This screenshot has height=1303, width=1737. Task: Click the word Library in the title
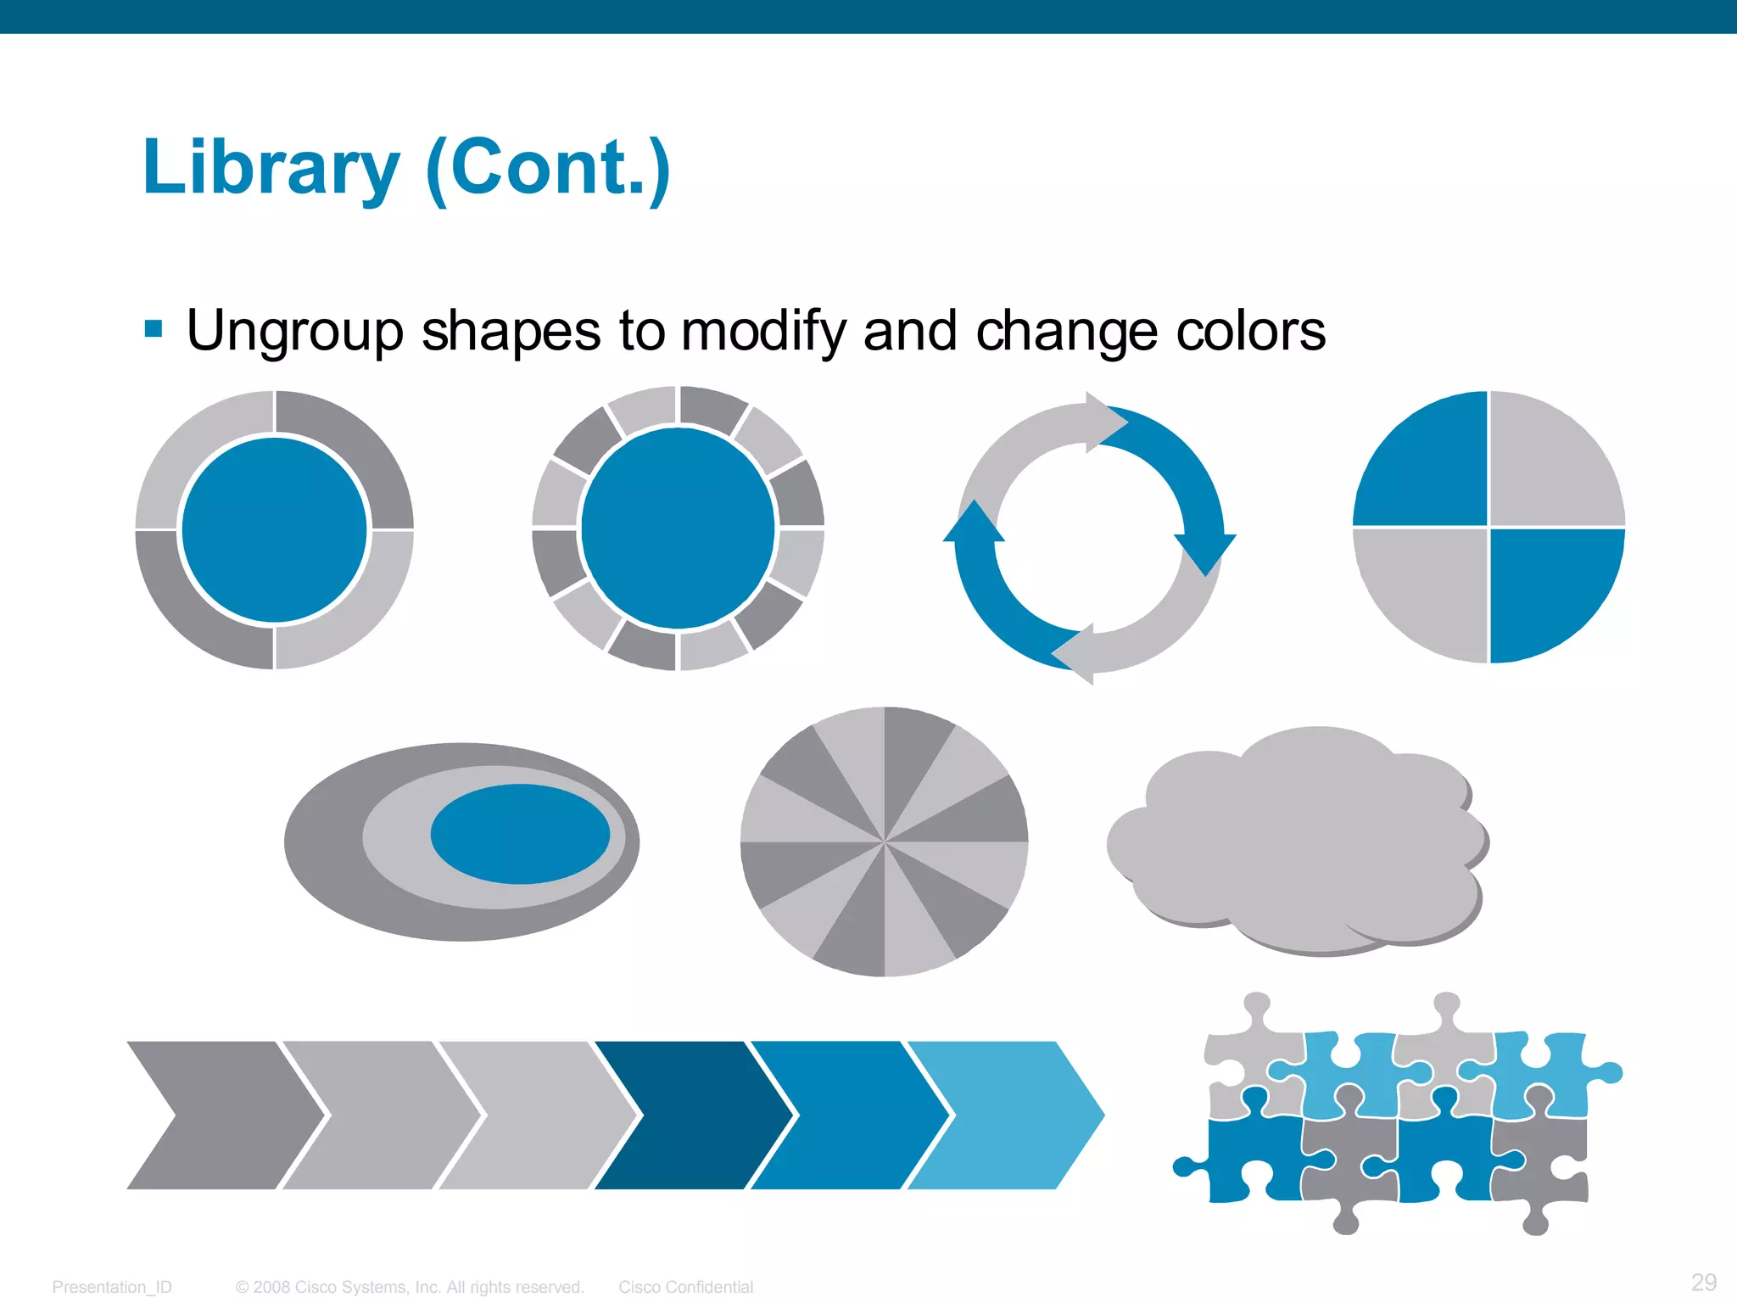271,168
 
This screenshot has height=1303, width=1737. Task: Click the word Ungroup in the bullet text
294,331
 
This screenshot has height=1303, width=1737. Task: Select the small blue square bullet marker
154,329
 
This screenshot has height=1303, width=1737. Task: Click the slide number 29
1703,1282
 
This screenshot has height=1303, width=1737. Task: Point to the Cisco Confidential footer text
685,1287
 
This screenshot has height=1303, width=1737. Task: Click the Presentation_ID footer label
112,1287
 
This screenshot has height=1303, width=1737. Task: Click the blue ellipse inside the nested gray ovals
520,834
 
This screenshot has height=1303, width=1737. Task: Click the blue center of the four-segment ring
274,530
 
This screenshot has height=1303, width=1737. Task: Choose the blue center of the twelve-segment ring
678,528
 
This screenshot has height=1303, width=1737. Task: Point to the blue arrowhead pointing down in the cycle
1205,552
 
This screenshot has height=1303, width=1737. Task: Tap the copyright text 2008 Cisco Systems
410,1287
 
